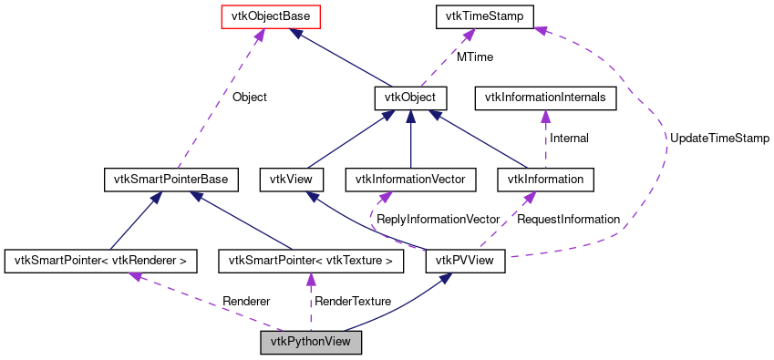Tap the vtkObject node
409,98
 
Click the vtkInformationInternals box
545,98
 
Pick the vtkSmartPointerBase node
171,180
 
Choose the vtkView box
287,180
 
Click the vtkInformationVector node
411,180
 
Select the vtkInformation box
547,180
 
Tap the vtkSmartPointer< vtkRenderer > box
100,262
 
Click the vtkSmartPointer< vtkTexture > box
311,262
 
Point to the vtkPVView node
466,262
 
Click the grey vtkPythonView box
311,344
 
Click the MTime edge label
475,57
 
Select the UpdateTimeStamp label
719,138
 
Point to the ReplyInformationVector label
439,220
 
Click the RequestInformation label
568,220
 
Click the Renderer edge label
246,302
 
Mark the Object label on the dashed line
250,96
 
